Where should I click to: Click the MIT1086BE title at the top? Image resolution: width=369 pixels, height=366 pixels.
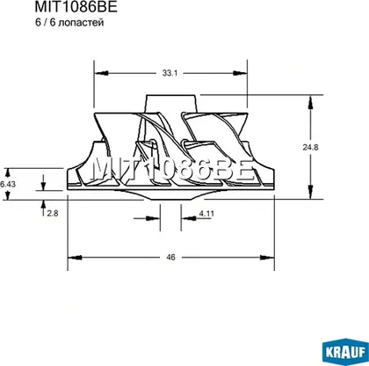coord(76,6)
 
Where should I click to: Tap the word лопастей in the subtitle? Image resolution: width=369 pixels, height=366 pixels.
coord(81,23)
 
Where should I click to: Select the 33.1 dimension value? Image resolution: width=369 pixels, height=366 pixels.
coord(170,73)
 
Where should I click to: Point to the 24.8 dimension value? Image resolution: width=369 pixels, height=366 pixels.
coord(310,147)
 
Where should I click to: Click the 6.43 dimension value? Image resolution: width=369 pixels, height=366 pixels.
coord(8,184)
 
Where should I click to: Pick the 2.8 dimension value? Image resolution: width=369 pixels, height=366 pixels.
coord(53,214)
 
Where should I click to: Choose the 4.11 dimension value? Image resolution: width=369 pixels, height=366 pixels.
coord(206,214)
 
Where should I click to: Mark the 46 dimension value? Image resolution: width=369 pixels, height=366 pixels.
coord(170,257)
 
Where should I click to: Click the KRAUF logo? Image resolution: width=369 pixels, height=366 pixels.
coord(345,352)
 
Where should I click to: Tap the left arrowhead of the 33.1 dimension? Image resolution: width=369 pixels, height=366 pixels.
coord(101,73)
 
